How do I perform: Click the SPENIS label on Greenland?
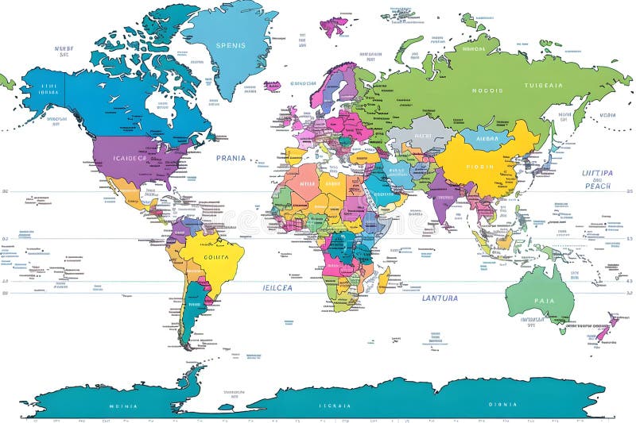[x=231, y=44]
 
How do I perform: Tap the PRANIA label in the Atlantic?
[x=231, y=158]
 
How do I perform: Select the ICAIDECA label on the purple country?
[x=130, y=157]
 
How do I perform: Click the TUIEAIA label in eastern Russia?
[x=544, y=85]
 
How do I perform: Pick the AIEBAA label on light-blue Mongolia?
[x=486, y=137]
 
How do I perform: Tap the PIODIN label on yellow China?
[x=479, y=167]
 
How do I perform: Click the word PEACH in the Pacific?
[x=597, y=186]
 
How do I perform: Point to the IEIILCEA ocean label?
[x=278, y=287]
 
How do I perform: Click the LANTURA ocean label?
[x=440, y=298]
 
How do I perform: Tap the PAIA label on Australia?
[x=545, y=301]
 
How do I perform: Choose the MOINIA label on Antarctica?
[x=123, y=406]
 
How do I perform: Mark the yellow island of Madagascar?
[x=383, y=279]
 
